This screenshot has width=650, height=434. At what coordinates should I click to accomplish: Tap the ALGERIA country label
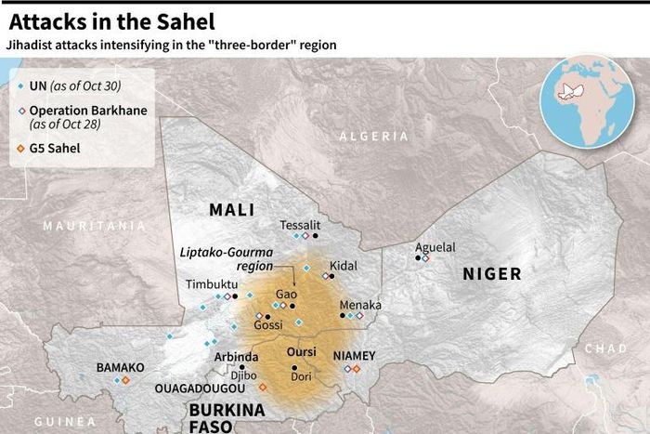pos(373,136)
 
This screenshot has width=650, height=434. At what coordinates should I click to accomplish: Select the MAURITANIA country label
pos(94,225)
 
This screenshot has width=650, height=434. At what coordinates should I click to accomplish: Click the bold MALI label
pos(231,210)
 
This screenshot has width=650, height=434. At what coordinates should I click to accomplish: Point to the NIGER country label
pos(491,274)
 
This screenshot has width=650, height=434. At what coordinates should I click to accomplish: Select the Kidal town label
pos(343,265)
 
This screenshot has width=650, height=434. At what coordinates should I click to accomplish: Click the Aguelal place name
pos(435,247)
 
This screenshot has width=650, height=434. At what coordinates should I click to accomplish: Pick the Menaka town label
pos(360,304)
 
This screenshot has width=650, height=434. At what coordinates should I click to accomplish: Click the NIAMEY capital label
pos(354,355)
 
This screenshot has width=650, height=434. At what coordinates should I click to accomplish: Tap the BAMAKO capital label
pos(120,367)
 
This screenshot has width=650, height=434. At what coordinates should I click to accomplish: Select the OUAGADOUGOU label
pos(201,388)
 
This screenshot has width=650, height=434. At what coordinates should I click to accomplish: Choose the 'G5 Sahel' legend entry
pos(60,147)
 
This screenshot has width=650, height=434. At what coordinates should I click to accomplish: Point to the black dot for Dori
pos(294,367)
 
